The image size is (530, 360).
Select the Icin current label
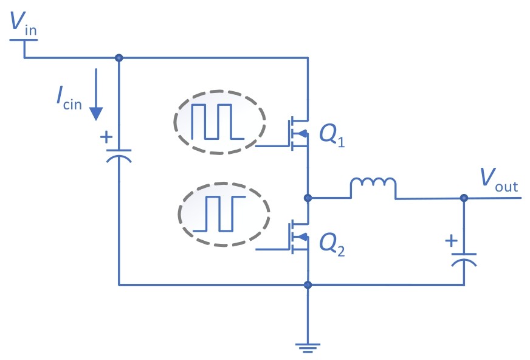[69, 99]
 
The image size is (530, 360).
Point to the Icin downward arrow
[96, 94]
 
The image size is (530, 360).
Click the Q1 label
[332, 136]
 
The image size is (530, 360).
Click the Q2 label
[332, 246]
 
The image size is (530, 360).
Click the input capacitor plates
[119, 156]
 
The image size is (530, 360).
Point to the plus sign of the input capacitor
[106, 137]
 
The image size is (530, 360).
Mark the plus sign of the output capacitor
[451, 241]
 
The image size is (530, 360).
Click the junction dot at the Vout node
[464, 198]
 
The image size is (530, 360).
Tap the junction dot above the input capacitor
[119, 58]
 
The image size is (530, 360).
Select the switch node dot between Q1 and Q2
[308, 198]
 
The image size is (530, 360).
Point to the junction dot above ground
[308, 285]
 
